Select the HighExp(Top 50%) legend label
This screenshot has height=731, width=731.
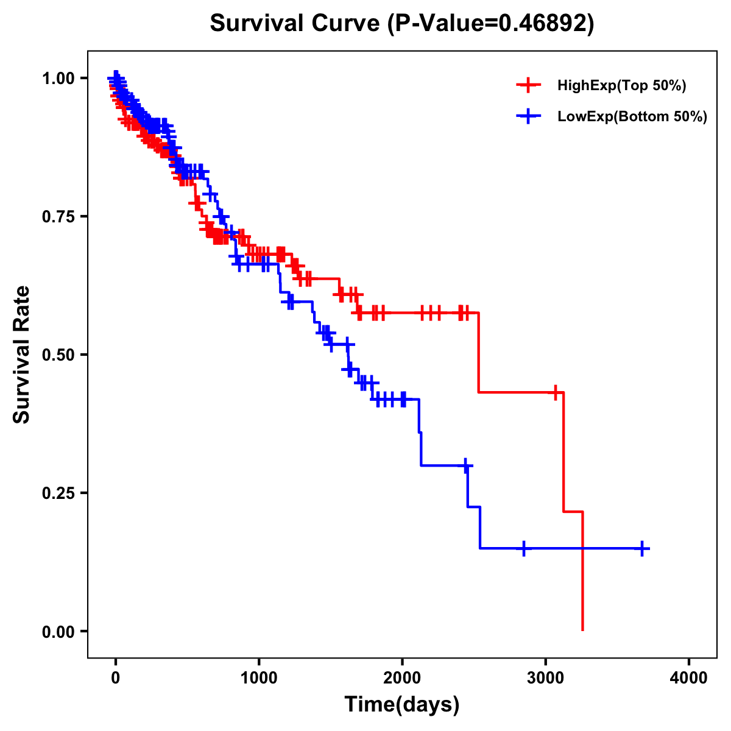coord(622,86)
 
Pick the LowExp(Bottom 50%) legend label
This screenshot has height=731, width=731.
coord(632,117)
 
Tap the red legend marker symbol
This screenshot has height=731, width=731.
coord(528,86)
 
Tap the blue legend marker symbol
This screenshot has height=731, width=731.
coord(528,117)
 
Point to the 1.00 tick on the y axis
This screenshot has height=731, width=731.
coord(58,79)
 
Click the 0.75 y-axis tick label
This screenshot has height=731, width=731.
coord(58,217)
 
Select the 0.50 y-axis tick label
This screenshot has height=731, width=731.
coord(58,355)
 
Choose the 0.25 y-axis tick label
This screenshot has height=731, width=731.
coord(58,493)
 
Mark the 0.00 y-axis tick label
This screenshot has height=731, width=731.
coord(58,632)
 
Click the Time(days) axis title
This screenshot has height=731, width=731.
coord(402,705)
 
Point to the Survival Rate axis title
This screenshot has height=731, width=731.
coord(22,355)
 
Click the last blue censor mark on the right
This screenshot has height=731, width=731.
coord(642,548)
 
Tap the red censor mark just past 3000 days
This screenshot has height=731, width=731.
coord(555,392)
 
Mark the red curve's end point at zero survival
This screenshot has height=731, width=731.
coord(583,630)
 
